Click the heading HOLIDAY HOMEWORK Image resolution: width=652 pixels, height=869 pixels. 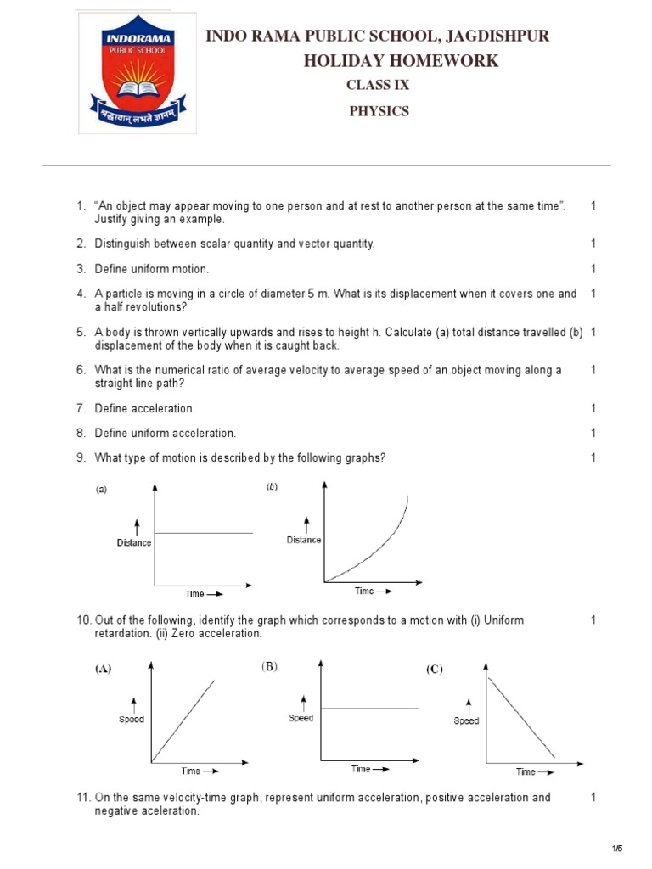[x=401, y=61]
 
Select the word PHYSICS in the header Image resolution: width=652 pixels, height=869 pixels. [x=379, y=111]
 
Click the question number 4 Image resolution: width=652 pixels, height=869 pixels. [x=81, y=294]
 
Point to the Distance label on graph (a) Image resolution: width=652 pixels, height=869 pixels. [x=134, y=543]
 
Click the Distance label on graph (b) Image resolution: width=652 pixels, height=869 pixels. [x=304, y=540]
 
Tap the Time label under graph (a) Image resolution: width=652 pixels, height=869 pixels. [x=194, y=594]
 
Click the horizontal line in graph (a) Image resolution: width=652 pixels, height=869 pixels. [x=204, y=533]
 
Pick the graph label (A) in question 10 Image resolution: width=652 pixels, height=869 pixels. [x=103, y=669]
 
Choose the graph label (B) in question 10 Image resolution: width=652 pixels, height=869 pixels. [x=270, y=667]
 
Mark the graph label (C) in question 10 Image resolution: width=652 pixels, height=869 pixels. [x=434, y=670]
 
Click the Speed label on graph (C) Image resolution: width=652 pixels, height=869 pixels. [x=466, y=721]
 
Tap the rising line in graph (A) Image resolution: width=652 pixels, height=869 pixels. [x=183, y=720]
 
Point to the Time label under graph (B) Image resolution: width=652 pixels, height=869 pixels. [x=361, y=769]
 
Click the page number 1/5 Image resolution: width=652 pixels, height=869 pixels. [x=617, y=849]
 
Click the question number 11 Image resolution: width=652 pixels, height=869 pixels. [x=83, y=798]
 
